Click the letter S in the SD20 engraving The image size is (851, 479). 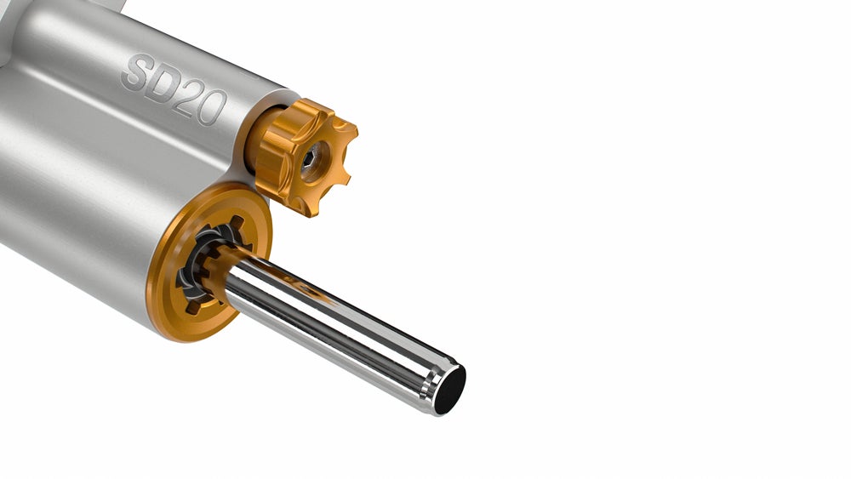click(137, 72)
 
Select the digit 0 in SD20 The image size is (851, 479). click(211, 108)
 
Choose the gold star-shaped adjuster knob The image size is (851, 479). click(305, 157)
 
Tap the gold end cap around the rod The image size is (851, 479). click(209, 262)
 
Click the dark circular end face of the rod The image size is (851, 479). click(450, 390)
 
